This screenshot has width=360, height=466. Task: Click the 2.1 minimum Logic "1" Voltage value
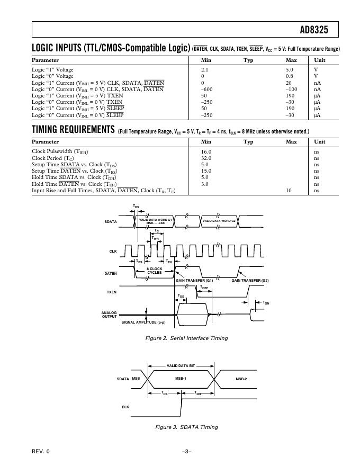point(205,70)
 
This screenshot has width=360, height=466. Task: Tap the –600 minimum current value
point(207,89)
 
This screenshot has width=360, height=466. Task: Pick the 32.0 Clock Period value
point(206,158)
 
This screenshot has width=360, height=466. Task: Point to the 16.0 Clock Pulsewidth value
point(206,151)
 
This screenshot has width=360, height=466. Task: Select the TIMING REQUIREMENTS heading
point(73,130)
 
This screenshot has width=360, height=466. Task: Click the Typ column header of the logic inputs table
point(248,60)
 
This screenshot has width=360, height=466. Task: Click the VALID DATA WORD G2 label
point(219,220)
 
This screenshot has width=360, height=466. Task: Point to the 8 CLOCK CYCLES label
point(155,271)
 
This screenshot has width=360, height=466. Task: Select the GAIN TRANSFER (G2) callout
point(250,280)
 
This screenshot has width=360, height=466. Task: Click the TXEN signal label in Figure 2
point(112,292)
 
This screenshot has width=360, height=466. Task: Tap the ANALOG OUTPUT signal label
point(109,315)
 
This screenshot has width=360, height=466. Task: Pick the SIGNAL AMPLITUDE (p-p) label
point(143,322)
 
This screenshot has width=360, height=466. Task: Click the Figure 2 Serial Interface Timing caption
point(187,338)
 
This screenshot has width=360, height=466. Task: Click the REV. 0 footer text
point(40,451)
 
